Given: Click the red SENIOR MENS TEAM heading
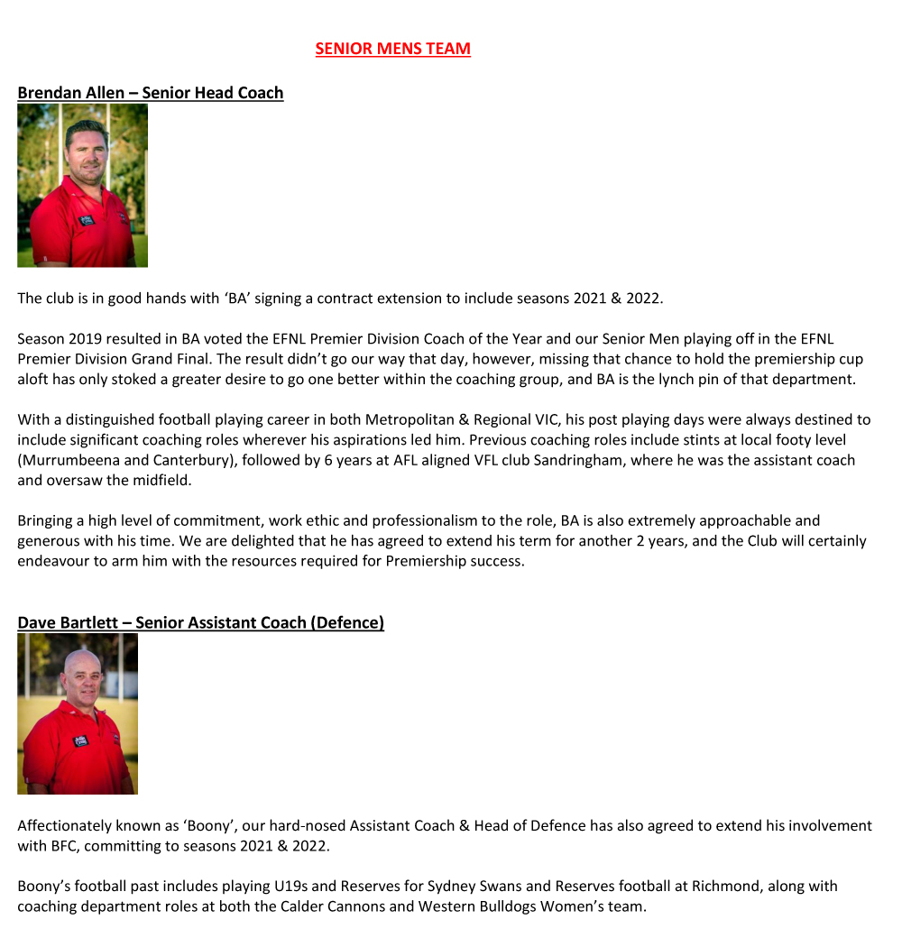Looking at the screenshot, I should pyautogui.click(x=392, y=49).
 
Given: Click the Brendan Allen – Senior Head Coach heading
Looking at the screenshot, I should pyautogui.click(x=150, y=93).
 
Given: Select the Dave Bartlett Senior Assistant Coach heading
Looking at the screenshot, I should pyautogui.click(x=200, y=622).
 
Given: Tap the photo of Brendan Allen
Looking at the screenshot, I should pyautogui.click(x=82, y=185).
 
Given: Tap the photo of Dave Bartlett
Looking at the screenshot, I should pyautogui.click(x=78, y=713).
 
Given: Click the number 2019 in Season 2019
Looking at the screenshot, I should pyautogui.click(x=84, y=338).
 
